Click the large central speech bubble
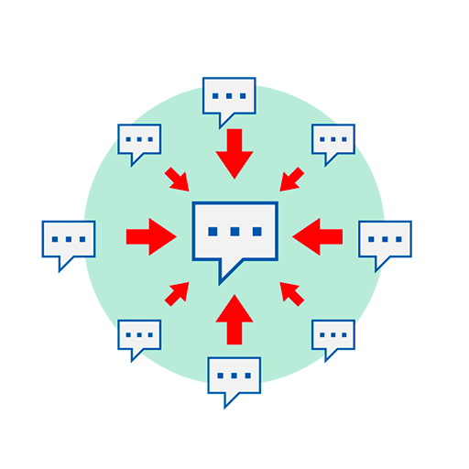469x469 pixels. pos(234,232)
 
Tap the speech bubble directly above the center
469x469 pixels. pos(229,97)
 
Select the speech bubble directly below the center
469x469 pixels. pos(234,376)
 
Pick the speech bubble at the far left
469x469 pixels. pos(69,240)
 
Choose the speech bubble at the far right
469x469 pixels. pos(385,240)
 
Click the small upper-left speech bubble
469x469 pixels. pos(139,141)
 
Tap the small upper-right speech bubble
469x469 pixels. pos(333,141)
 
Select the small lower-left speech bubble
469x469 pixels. pos(139,336)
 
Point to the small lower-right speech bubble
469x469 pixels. pos(333,336)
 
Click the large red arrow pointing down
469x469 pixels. pos(234,153)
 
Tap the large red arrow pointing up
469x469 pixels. pos(234,319)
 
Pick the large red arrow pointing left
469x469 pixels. pos(318,236)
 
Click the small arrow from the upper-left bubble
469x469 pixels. pos(177,180)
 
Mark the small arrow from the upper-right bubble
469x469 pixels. pos(292,180)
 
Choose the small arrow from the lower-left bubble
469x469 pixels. pos(177,293)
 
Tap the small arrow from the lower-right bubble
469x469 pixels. pos(291,293)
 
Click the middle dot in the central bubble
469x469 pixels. pos(234,231)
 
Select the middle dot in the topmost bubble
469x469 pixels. pos(229,94)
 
